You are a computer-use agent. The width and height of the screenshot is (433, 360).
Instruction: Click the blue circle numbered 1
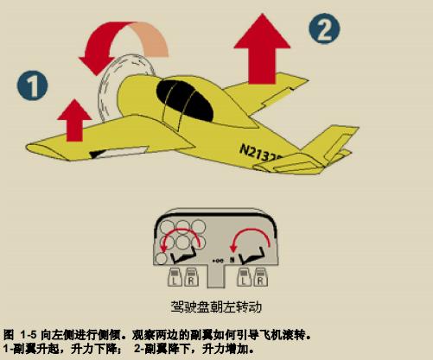pyautogui.click(x=32, y=85)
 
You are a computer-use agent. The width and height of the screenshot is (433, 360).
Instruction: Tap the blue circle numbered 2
pyautogui.click(x=324, y=28)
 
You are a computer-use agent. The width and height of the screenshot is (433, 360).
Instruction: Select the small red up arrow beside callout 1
pyautogui.click(x=74, y=120)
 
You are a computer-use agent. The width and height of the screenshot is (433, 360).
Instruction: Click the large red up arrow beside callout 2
pyautogui.click(x=262, y=49)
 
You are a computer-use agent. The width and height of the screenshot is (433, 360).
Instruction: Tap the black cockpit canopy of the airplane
pyautogui.click(x=185, y=100)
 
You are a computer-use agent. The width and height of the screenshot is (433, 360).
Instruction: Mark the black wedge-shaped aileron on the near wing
pyautogui.click(x=98, y=154)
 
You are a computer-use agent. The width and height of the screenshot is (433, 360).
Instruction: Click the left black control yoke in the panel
pyautogui.click(x=184, y=256)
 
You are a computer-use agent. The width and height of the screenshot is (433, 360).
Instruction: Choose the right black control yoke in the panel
pyautogui.click(x=252, y=256)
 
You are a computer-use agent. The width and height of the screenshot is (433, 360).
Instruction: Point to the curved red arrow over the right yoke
pyautogui.click(x=250, y=231)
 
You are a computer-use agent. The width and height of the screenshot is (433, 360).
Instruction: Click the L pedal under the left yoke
pyautogui.click(x=175, y=277)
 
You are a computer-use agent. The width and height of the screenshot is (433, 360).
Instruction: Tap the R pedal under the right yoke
pyautogui.click(x=260, y=277)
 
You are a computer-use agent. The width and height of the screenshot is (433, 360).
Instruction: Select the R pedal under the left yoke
pyautogui.click(x=192, y=277)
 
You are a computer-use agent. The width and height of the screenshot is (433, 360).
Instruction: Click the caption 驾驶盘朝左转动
pyautogui.click(x=216, y=306)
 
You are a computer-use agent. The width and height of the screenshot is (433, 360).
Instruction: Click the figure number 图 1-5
pyautogui.click(x=20, y=335)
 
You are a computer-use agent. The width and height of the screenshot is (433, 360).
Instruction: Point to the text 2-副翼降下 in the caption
pyautogui.click(x=161, y=349)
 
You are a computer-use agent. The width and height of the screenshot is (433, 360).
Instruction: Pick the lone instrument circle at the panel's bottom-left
pyautogui.click(x=161, y=258)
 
